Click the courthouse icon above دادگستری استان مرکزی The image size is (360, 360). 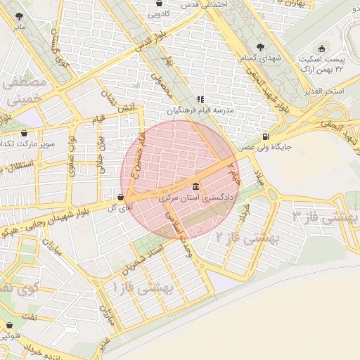pyautogui.click(x=195, y=187)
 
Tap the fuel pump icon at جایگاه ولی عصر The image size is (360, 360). pyautogui.click(x=264, y=136)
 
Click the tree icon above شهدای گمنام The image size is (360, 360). pyautogui.click(x=261, y=47)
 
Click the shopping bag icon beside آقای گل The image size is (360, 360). pyautogui.click(x=122, y=198)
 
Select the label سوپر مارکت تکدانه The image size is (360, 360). pyautogui.click(x=27, y=143)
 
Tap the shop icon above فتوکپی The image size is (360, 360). pyautogui.click(x=9, y=326)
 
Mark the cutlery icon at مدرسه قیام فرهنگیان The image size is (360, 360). pyautogui.click(x=200, y=100)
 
